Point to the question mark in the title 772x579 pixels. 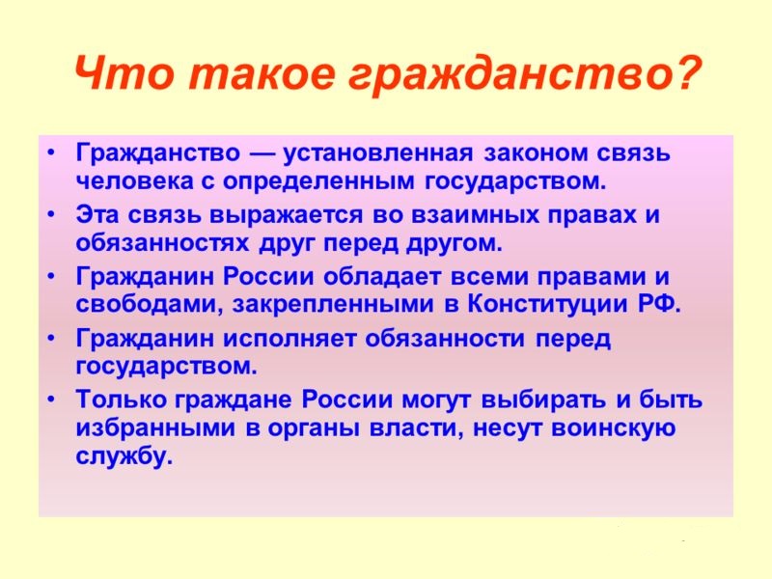coord(682,74)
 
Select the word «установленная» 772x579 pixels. coord(377,153)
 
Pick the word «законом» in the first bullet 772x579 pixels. coord(536,153)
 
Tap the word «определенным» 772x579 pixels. coord(318,182)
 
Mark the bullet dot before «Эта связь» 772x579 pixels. coord(51,215)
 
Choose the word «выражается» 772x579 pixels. coord(286,215)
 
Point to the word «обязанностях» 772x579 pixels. coord(162,243)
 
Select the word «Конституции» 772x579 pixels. coord(548,304)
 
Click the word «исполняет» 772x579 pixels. coord(289,339)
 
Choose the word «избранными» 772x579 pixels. coord(155,427)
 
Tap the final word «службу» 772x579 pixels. coord(124,455)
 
